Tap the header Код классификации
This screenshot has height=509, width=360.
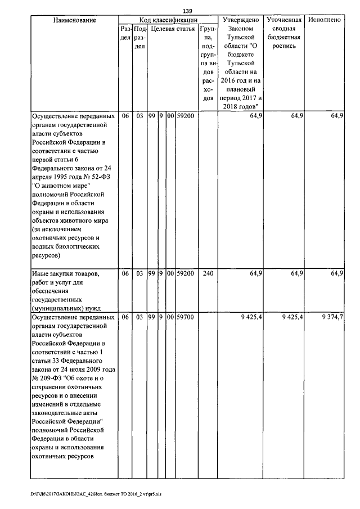pyautogui.click(x=167, y=20)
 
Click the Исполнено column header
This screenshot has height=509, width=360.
pyautogui.click(x=325, y=20)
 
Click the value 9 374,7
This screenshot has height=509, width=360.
pyautogui.click(x=332, y=318)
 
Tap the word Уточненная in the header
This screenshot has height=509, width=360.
pyautogui.click(x=284, y=20)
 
